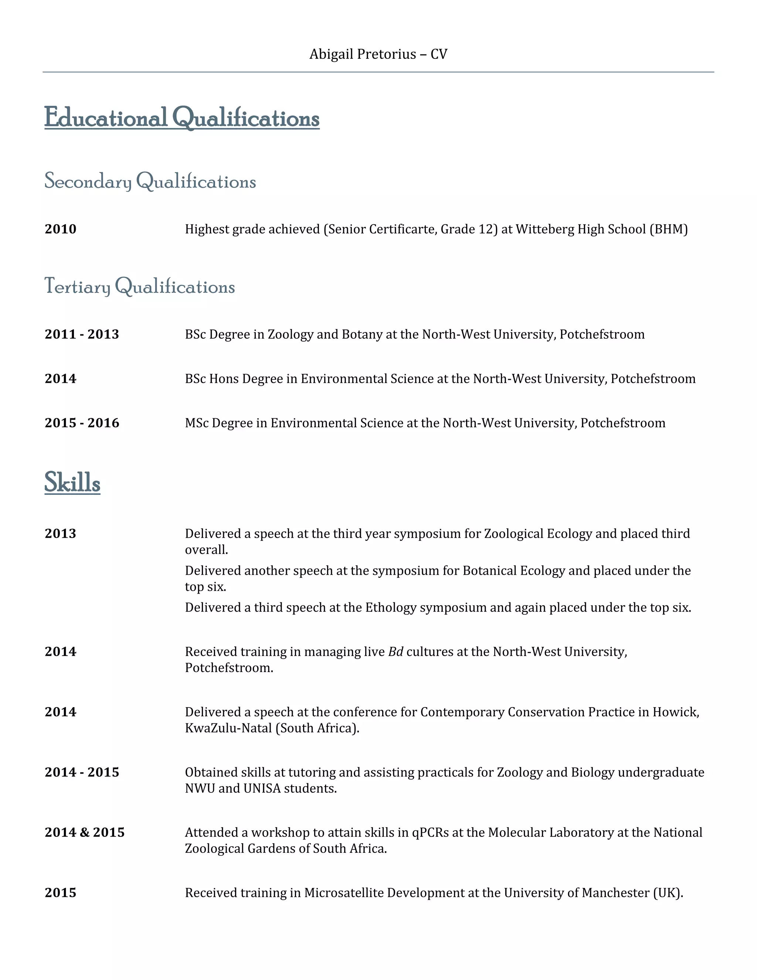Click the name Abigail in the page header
[x=330, y=54]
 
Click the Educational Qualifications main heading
[x=181, y=118]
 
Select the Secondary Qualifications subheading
[x=150, y=181]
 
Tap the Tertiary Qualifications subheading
[x=139, y=286]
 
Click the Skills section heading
[x=72, y=482]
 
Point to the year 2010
[x=61, y=229]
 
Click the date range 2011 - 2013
[x=82, y=334]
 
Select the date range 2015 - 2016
[x=82, y=423]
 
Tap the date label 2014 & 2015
[x=85, y=832]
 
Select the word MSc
[x=197, y=423]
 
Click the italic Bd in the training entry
[x=396, y=652]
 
